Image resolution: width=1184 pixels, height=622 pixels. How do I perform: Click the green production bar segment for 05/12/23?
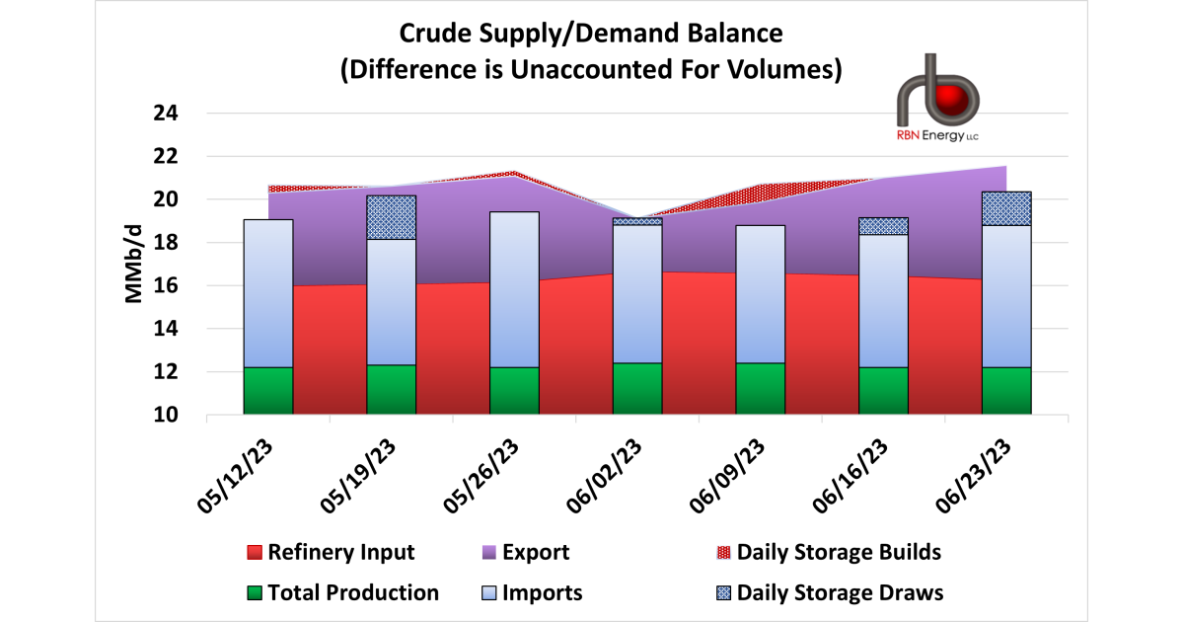pyautogui.click(x=268, y=390)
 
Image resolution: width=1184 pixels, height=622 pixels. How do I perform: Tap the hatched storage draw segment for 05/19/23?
pyautogui.click(x=392, y=217)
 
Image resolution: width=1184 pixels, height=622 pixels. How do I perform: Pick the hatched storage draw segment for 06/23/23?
pyautogui.click(x=1006, y=208)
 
